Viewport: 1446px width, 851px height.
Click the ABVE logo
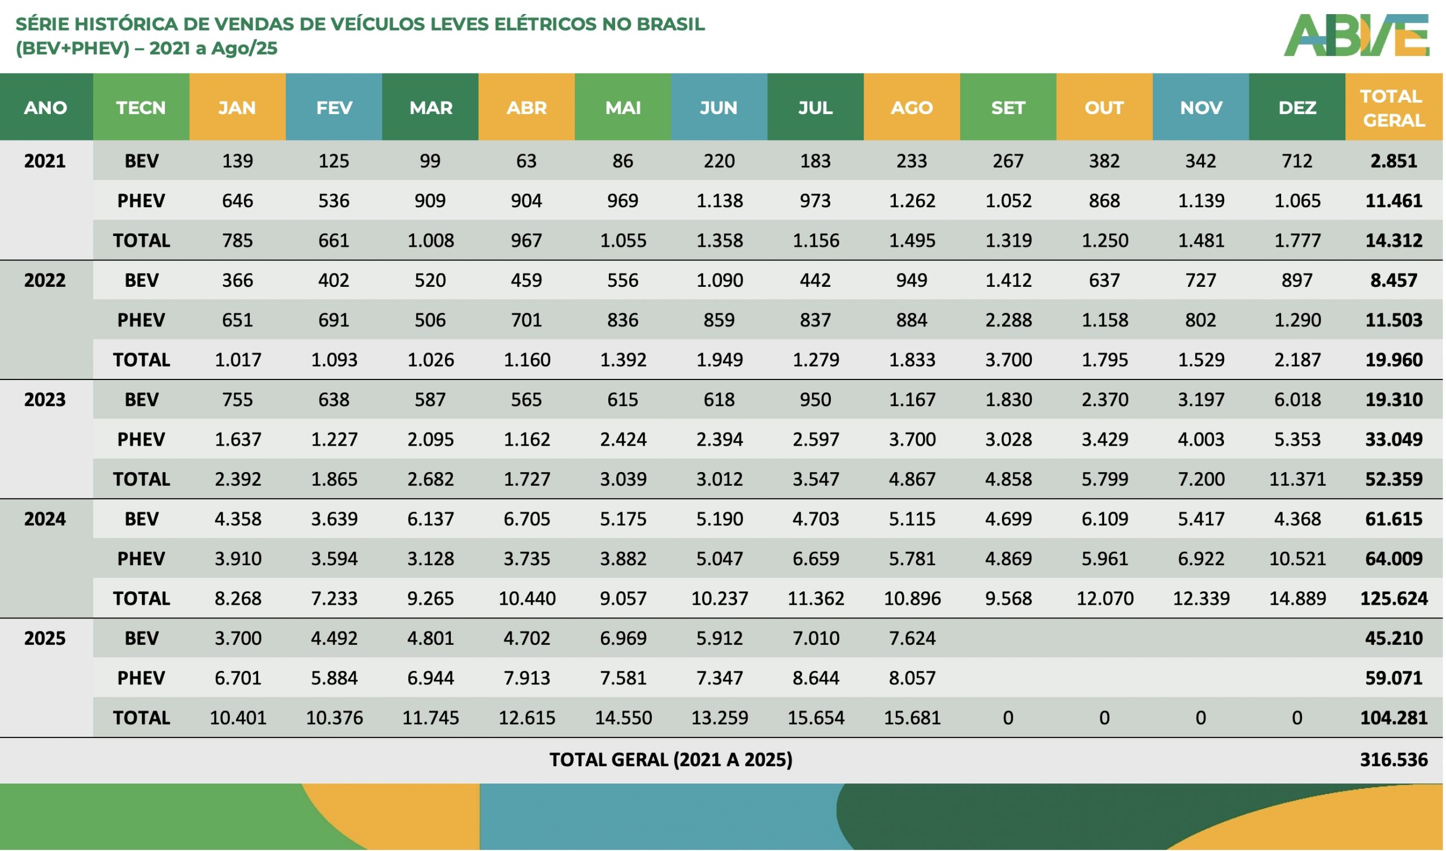click(1357, 36)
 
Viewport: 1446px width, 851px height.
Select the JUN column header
click(718, 108)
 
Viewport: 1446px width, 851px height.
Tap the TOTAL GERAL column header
click(1393, 108)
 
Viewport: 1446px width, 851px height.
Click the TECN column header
click(141, 108)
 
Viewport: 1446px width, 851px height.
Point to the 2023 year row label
click(45, 400)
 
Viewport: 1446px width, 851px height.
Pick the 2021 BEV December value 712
click(1297, 162)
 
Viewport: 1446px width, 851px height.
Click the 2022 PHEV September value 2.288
click(1008, 320)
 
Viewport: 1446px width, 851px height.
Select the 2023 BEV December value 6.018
click(1297, 400)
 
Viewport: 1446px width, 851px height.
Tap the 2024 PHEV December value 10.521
click(1297, 559)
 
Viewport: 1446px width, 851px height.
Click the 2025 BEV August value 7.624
click(912, 639)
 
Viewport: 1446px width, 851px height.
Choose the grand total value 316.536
click(1393, 760)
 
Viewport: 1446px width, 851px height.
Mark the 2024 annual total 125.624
click(1393, 599)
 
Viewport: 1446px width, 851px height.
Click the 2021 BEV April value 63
click(526, 162)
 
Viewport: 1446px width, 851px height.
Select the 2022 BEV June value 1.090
click(719, 281)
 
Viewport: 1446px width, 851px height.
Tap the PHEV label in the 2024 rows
click(141, 559)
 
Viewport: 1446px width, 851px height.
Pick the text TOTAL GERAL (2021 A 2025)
click(670, 760)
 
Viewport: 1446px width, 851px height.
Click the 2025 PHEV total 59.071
click(1393, 678)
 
